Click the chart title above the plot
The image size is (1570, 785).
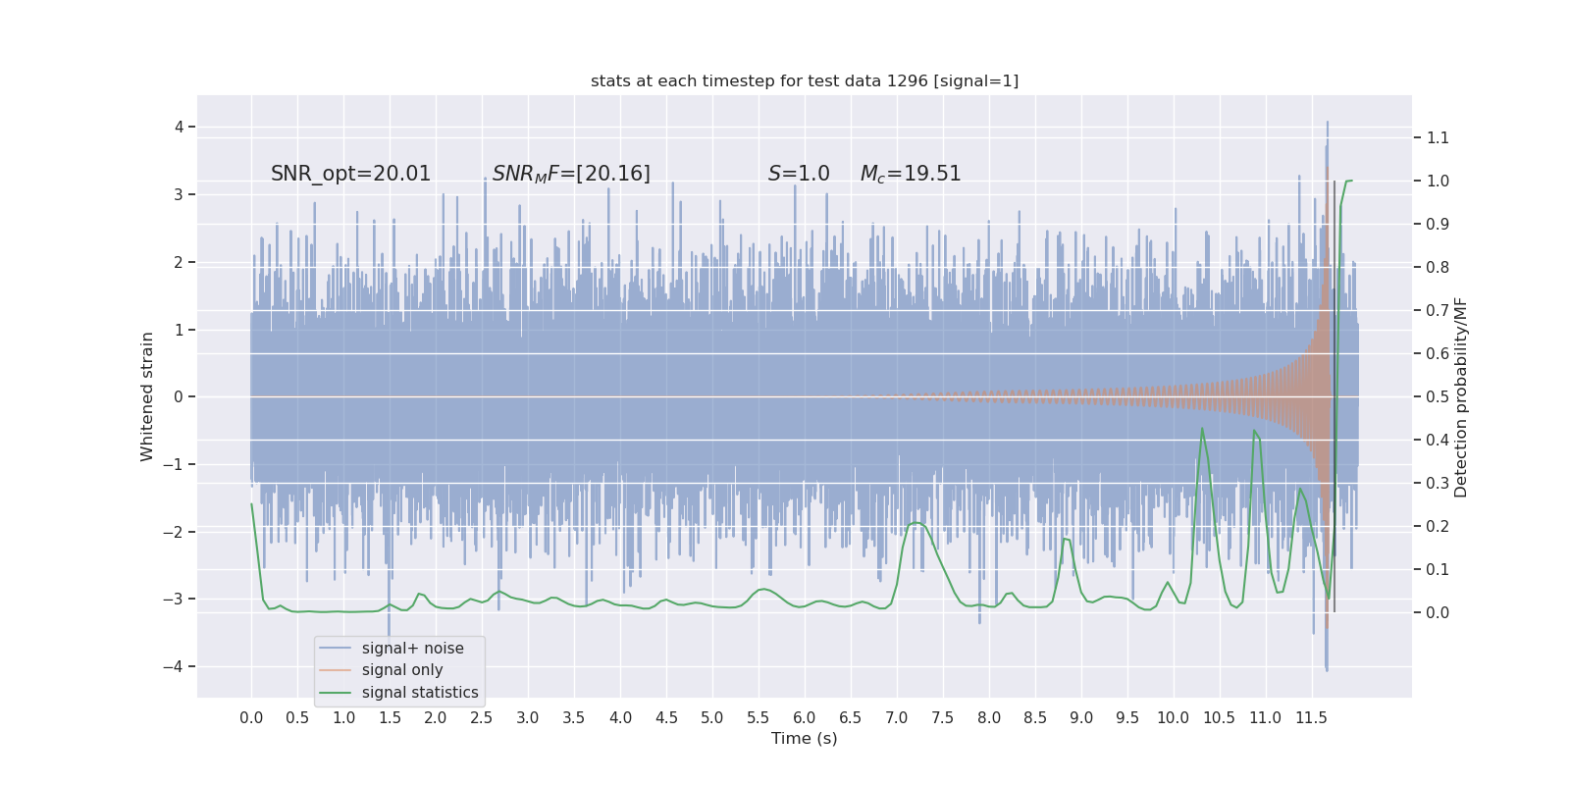pos(805,80)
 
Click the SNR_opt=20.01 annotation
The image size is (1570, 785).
pos(350,174)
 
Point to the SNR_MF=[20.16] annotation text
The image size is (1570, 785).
pos(571,174)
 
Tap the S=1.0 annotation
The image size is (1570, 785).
pos(799,174)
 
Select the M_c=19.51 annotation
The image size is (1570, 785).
pos(911,174)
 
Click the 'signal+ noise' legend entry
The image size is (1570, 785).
pos(412,649)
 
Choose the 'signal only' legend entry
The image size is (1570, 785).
pos(402,670)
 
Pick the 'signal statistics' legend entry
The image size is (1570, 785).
pos(420,693)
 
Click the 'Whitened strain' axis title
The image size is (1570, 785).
pos(147,396)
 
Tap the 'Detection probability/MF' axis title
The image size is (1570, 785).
pos(1461,396)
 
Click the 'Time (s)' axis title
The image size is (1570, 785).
pos(805,738)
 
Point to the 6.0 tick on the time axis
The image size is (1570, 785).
pos(805,717)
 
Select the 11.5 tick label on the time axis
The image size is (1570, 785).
pos(1311,717)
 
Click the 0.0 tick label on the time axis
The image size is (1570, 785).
pos(251,717)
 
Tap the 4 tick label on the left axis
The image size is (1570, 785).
pos(180,127)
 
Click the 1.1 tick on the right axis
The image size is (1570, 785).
pos(1438,137)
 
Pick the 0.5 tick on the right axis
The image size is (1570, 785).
pos(1438,396)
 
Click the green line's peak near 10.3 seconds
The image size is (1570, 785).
pos(1202,429)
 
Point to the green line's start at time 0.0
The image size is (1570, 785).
pos(252,504)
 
